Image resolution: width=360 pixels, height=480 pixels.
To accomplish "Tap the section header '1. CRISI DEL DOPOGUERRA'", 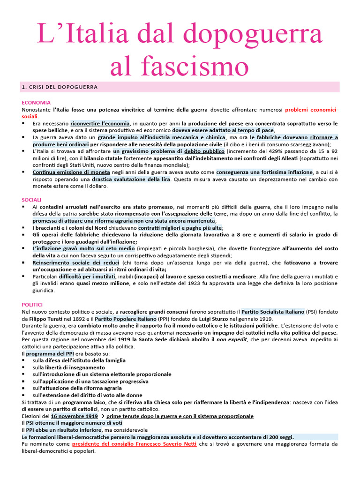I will [60, 87].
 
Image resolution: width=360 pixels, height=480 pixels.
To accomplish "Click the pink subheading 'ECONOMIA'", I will [36, 102].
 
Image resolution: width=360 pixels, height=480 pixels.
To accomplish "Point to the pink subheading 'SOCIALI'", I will [32, 199].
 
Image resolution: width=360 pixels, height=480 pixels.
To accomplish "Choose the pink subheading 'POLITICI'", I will [33, 304].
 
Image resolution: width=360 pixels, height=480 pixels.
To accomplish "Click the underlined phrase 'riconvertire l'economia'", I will [100, 123].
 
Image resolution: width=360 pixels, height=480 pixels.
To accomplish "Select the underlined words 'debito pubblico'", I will [204, 151].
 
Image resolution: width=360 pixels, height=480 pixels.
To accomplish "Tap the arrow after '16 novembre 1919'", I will [102, 416].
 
